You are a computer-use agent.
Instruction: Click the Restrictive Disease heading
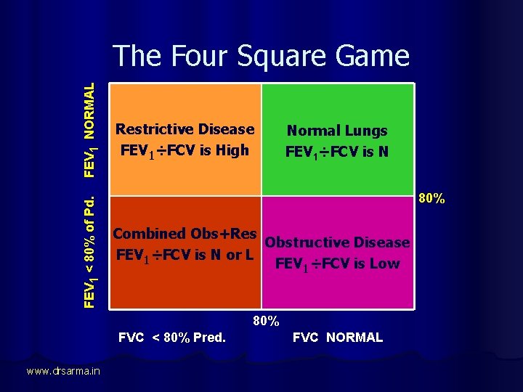(x=185, y=129)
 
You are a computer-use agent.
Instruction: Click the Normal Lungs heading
(x=337, y=131)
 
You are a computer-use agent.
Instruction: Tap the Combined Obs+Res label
(x=185, y=234)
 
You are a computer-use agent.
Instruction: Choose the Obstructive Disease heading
(x=338, y=242)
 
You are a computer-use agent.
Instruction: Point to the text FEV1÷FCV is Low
(x=338, y=264)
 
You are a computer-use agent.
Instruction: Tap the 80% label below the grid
(x=266, y=320)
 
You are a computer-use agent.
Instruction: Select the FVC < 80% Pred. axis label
(x=172, y=338)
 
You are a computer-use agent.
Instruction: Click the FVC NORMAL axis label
(x=338, y=338)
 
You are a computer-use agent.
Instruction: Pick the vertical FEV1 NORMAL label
(x=89, y=129)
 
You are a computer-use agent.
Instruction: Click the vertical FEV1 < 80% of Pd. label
(x=89, y=249)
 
